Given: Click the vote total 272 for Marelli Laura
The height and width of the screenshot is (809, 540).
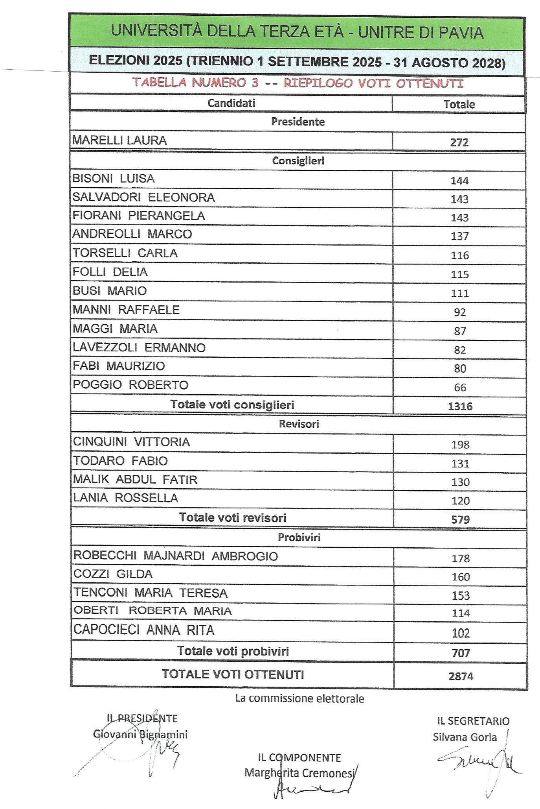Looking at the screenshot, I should pyautogui.click(x=459, y=142).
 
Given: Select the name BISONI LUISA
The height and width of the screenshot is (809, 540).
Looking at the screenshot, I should pyautogui.click(x=114, y=179).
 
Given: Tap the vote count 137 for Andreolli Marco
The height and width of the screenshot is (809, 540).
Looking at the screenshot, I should pyautogui.click(x=459, y=236).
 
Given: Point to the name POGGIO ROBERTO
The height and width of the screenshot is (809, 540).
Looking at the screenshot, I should pyautogui.click(x=131, y=385).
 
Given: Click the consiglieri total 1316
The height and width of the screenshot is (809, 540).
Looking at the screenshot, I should pyautogui.click(x=460, y=406).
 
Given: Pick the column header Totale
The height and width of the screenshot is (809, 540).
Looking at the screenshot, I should pyautogui.click(x=459, y=104).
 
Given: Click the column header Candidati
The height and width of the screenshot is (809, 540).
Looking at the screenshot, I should pyautogui.click(x=231, y=103).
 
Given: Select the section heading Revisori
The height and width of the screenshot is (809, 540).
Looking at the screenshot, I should pyautogui.click(x=299, y=424).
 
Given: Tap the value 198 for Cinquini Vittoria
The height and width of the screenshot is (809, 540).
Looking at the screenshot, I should pyautogui.click(x=460, y=445).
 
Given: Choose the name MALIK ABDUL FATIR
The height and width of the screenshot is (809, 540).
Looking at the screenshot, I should pyautogui.click(x=136, y=480).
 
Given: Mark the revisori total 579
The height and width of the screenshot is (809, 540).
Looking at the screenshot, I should pyautogui.click(x=460, y=520).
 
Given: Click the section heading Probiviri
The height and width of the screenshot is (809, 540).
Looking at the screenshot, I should pyautogui.click(x=299, y=537).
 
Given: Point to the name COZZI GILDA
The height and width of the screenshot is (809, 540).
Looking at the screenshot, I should pyautogui.click(x=113, y=574).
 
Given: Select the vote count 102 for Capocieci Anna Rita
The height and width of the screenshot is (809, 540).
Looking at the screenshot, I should pyautogui.click(x=461, y=633).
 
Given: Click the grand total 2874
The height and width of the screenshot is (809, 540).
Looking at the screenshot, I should pyautogui.click(x=461, y=676).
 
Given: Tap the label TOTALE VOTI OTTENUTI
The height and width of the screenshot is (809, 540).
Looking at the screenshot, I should pyautogui.click(x=233, y=674).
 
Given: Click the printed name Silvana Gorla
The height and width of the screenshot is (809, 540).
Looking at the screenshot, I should pyautogui.click(x=465, y=737).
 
